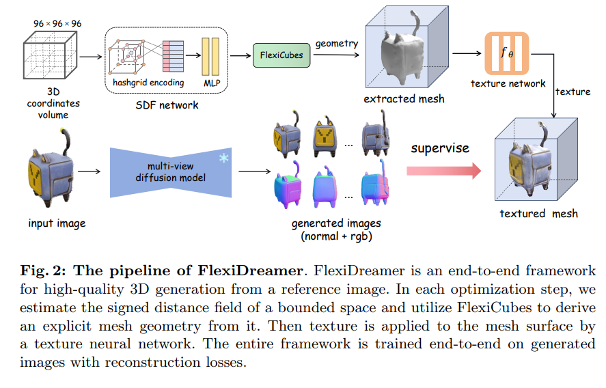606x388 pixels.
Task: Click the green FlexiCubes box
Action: tap(281, 54)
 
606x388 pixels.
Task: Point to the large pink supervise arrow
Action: tap(442, 169)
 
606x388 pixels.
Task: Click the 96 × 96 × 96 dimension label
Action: tap(57, 23)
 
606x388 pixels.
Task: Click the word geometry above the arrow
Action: tap(338, 43)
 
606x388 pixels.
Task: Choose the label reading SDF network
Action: tap(167, 105)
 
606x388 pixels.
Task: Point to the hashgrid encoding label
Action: tap(149, 83)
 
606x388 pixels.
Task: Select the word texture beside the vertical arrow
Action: tap(573, 92)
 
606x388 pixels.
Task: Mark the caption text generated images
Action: tap(327, 223)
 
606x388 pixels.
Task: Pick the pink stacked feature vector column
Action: tap(169, 55)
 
